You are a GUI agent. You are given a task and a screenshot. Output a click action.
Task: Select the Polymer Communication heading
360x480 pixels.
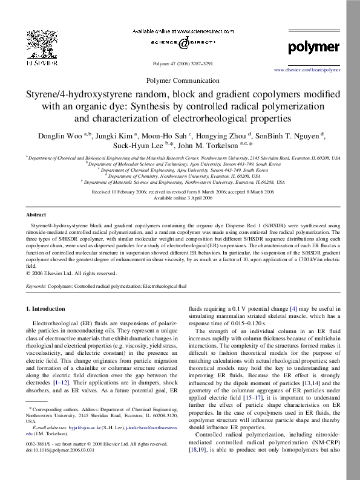pos(180,80)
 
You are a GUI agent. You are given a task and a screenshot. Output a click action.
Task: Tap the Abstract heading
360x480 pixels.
pos(36,215)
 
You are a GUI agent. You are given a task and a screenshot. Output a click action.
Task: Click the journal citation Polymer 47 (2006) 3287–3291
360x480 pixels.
pos(180,63)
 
